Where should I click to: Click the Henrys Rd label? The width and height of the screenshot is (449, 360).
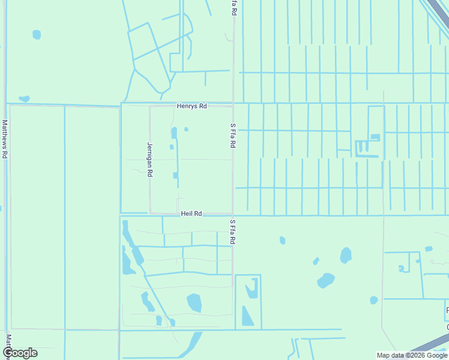click(x=191, y=106)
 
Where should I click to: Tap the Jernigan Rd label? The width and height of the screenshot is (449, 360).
click(x=150, y=159)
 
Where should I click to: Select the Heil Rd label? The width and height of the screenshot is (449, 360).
click(x=191, y=213)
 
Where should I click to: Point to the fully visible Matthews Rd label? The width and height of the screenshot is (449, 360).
click(x=5, y=139)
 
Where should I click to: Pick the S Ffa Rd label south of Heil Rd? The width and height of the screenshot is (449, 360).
click(x=233, y=231)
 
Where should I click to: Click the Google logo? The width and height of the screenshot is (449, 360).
click(x=20, y=353)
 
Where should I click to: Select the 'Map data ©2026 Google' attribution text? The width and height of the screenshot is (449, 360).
click(x=412, y=355)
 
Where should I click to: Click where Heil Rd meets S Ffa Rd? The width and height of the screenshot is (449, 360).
click(x=233, y=213)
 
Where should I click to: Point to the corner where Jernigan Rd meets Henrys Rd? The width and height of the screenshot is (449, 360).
click(x=150, y=106)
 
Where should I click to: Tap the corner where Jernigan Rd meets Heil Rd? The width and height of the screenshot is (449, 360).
click(x=150, y=213)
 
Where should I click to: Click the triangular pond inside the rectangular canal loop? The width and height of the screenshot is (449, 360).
click(x=247, y=316)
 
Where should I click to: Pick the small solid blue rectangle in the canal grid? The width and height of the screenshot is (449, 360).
click(x=375, y=137)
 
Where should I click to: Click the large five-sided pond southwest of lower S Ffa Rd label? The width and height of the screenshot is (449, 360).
click(x=194, y=302)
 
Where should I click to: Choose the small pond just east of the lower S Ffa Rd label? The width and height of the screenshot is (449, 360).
click(x=282, y=241)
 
